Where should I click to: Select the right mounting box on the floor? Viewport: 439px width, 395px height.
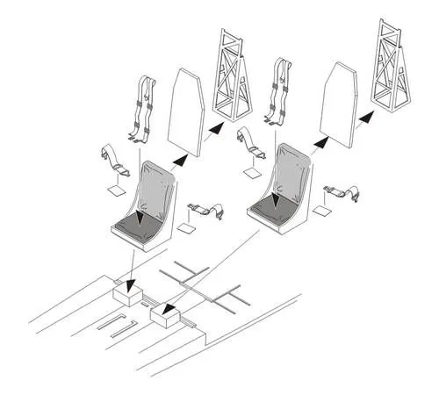(167, 314)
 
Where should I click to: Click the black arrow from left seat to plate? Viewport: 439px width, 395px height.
(177, 158)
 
